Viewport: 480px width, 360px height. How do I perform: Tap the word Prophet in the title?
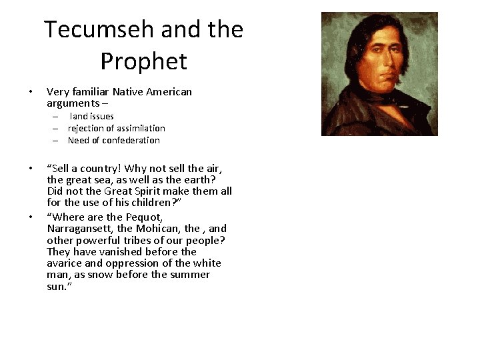tap(144, 61)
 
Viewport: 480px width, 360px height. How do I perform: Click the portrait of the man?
tap(379, 73)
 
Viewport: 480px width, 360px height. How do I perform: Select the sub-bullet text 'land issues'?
tap(92, 116)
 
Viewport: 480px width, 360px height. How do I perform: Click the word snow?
tap(104, 275)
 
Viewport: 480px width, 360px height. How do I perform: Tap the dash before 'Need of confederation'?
tap(58, 140)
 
